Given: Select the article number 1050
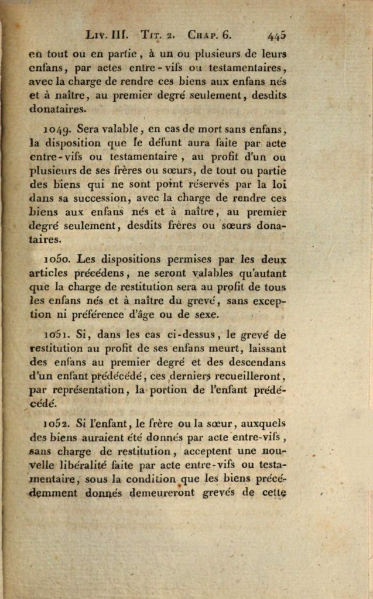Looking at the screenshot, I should tap(57, 259).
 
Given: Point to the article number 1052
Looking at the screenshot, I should tap(57, 424).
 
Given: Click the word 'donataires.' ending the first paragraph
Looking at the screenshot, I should tap(57, 108).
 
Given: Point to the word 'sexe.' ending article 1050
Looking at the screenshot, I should tap(206, 315).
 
